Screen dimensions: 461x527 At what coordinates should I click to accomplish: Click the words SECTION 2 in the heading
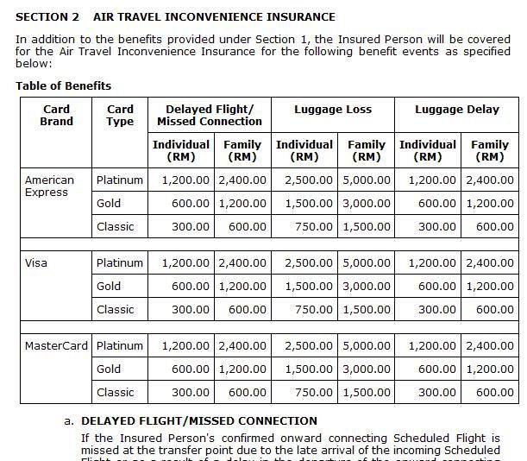[47, 16]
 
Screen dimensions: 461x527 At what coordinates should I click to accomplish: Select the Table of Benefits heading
[63, 85]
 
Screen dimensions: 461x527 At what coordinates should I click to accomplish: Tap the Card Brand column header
[56, 115]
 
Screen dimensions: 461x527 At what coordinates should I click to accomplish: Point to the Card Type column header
[120, 115]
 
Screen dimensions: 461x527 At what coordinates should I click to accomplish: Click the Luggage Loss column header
[333, 110]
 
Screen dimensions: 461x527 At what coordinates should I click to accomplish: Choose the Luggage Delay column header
[457, 110]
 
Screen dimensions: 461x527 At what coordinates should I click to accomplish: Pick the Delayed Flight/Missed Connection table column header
[210, 115]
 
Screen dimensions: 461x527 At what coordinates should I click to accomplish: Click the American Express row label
[49, 186]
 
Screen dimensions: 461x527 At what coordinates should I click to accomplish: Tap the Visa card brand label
[35, 262]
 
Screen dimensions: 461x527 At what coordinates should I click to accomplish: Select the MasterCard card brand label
[56, 345]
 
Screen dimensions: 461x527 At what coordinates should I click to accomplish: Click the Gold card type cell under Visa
[109, 286]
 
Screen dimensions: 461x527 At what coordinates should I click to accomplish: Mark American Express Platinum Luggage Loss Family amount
[367, 180]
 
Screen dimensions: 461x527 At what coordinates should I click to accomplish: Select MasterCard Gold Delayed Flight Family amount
[242, 369]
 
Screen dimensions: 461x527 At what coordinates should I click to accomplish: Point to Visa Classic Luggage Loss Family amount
[367, 309]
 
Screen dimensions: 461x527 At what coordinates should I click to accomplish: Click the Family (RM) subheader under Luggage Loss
[367, 150]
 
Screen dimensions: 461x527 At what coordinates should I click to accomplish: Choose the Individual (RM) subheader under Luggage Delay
[428, 150]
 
